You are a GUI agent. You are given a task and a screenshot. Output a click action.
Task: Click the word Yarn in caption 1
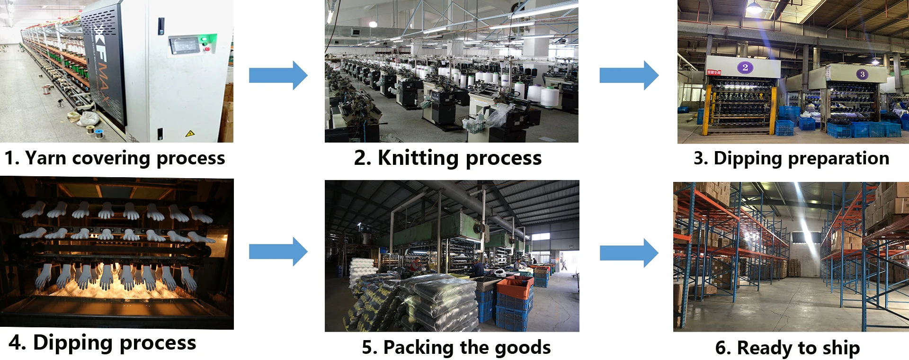click(x=45, y=158)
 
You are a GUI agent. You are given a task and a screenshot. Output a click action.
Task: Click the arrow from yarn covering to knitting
click(x=278, y=75)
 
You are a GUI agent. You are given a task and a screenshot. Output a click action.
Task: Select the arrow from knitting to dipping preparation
click(x=629, y=75)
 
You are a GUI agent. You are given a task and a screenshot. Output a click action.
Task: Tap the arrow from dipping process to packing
click(x=278, y=252)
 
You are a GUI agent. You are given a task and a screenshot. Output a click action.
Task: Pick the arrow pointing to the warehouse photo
click(x=629, y=253)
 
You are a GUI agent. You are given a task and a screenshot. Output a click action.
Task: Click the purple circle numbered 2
click(x=745, y=67)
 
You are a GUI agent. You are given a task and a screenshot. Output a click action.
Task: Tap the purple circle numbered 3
click(x=862, y=74)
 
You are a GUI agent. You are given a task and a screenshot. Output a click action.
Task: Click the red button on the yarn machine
click(x=206, y=48)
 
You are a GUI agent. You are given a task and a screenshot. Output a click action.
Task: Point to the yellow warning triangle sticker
click(x=190, y=134)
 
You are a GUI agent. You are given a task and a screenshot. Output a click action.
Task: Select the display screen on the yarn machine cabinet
click(x=183, y=46)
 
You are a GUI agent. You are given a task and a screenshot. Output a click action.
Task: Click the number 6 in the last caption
click(x=723, y=348)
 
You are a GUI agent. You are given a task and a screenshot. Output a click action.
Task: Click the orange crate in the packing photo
click(x=514, y=287)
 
